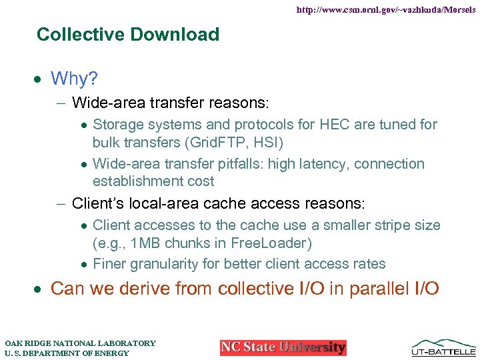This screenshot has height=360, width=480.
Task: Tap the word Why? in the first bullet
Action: pos(74,79)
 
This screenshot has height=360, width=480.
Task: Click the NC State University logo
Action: pos(283,347)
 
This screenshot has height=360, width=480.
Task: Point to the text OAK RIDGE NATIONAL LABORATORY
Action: pos(80,343)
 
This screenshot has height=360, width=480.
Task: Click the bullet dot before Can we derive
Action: pos(40,289)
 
